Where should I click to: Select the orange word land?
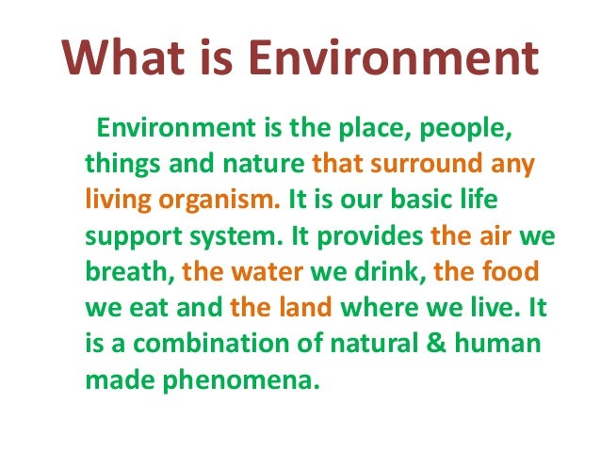[299, 309]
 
